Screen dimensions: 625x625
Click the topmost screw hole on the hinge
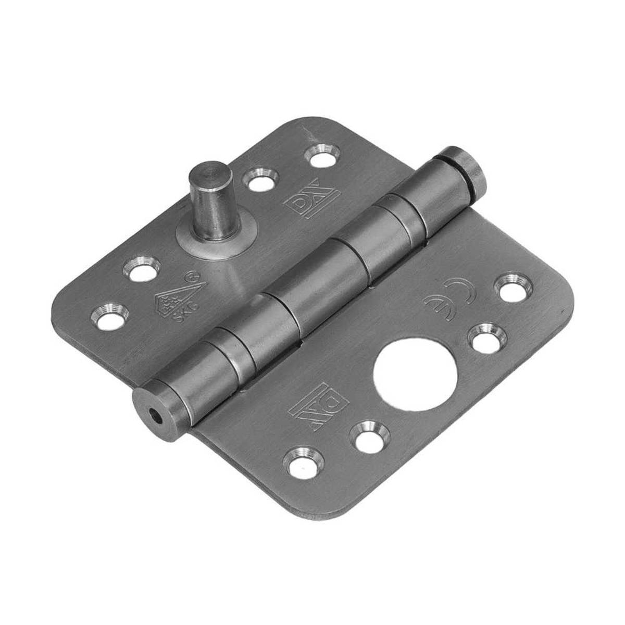tap(322, 155)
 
